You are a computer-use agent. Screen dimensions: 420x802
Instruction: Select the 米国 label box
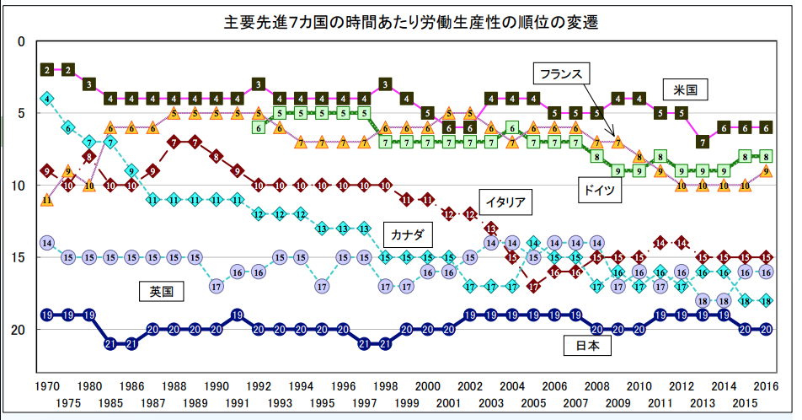click(x=685, y=89)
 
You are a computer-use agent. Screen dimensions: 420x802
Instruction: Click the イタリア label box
click(x=504, y=202)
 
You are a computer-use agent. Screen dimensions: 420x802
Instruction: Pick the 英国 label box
click(x=161, y=292)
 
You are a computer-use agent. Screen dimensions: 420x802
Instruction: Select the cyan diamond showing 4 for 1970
click(x=47, y=99)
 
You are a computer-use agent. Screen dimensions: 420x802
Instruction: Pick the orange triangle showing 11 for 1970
click(x=47, y=200)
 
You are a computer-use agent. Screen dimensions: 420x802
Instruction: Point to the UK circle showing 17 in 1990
click(x=217, y=286)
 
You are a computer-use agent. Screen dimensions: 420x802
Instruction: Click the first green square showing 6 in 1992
click(x=259, y=127)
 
